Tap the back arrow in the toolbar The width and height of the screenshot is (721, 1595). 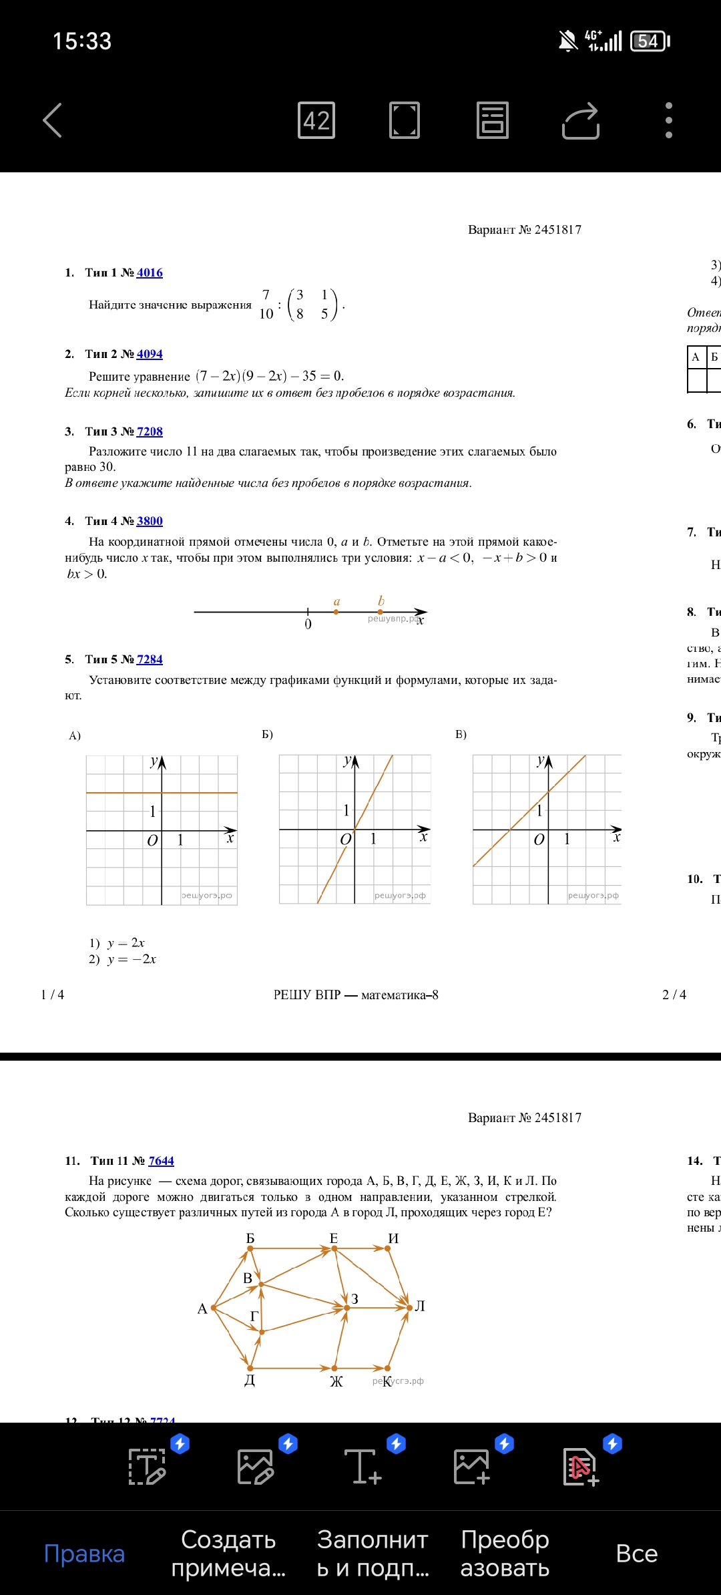pyautogui.click(x=53, y=120)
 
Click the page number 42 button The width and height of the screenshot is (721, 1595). pyautogui.click(x=316, y=120)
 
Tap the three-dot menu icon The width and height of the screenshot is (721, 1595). pyautogui.click(x=668, y=120)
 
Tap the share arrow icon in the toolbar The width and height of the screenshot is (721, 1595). pyautogui.click(x=581, y=120)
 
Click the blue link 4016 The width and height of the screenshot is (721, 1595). pyautogui.click(x=150, y=273)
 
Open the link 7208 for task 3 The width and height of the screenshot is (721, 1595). pyautogui.click(x=150, y=431)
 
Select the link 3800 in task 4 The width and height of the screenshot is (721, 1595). pyautogui.click(x=150, y=521)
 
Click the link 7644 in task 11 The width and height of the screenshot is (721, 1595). pyautogui.click(x=161, y=1161)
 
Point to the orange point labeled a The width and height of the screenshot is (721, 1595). pyautogui.click(x=336, y=611)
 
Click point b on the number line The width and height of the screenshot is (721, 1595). pyautogui.click(x=381, y=611)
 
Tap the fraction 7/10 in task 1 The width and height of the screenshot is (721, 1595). pyautogui.click(x=266, y=304)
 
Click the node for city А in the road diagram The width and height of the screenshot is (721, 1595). pyautogui.click(x=213, y=1307)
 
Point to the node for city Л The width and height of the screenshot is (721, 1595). pyautogui.click(x=409, y=1307)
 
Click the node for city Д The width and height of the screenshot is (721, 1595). pyautogui.click(x=250, y=1368)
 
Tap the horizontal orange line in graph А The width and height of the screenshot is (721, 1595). pyautogui.click(x=120, y=793)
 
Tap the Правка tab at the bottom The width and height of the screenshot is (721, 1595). pyautogui.click(x=84, y=1554)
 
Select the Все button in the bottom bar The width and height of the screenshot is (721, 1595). pyautogui.click(x=636, y=1554)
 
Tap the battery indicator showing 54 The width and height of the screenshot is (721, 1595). pyautogui.click(x=650, y=41)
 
